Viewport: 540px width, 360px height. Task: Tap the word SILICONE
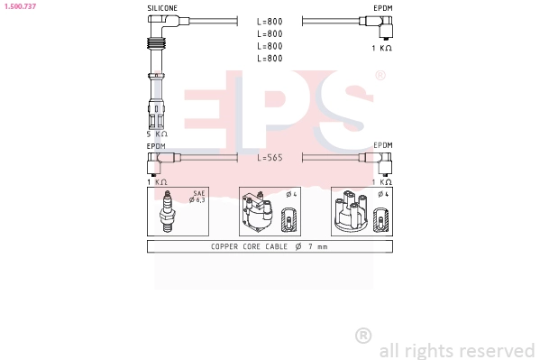(162, 7)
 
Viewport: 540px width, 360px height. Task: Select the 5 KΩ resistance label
(158, 134)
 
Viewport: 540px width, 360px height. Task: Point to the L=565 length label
(270, 158)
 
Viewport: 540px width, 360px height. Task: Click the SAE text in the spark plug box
(199, 193)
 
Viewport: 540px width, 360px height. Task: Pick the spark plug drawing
(167, 214)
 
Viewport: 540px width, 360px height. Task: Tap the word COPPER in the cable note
(224, 246)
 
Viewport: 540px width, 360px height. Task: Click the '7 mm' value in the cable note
(316, 246)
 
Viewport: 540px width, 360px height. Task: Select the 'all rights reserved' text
(457, 350)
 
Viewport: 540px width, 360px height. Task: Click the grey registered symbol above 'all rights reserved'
(363, 336)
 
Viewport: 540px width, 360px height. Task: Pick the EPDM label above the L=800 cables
(382, 7)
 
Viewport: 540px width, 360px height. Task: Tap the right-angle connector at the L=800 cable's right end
(385, 29)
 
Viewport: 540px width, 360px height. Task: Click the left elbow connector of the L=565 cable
(154, 162)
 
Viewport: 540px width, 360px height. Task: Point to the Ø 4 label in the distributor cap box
(382, 193)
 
